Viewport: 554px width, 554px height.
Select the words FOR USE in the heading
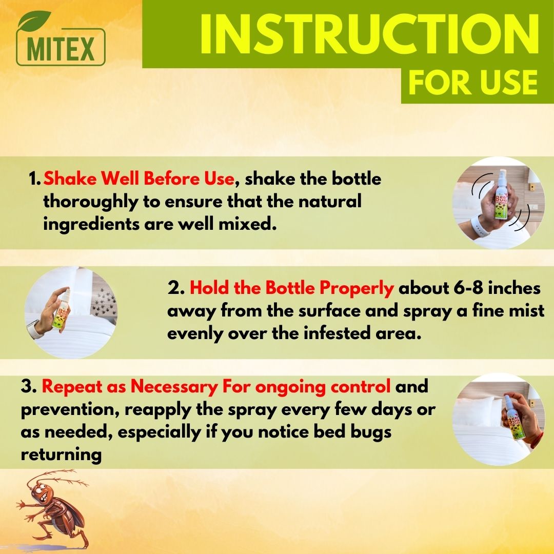(x=472, y=82)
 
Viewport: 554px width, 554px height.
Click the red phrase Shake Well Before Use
(x=139, y=180)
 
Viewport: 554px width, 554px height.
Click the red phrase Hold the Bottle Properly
(x=291, y=288)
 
